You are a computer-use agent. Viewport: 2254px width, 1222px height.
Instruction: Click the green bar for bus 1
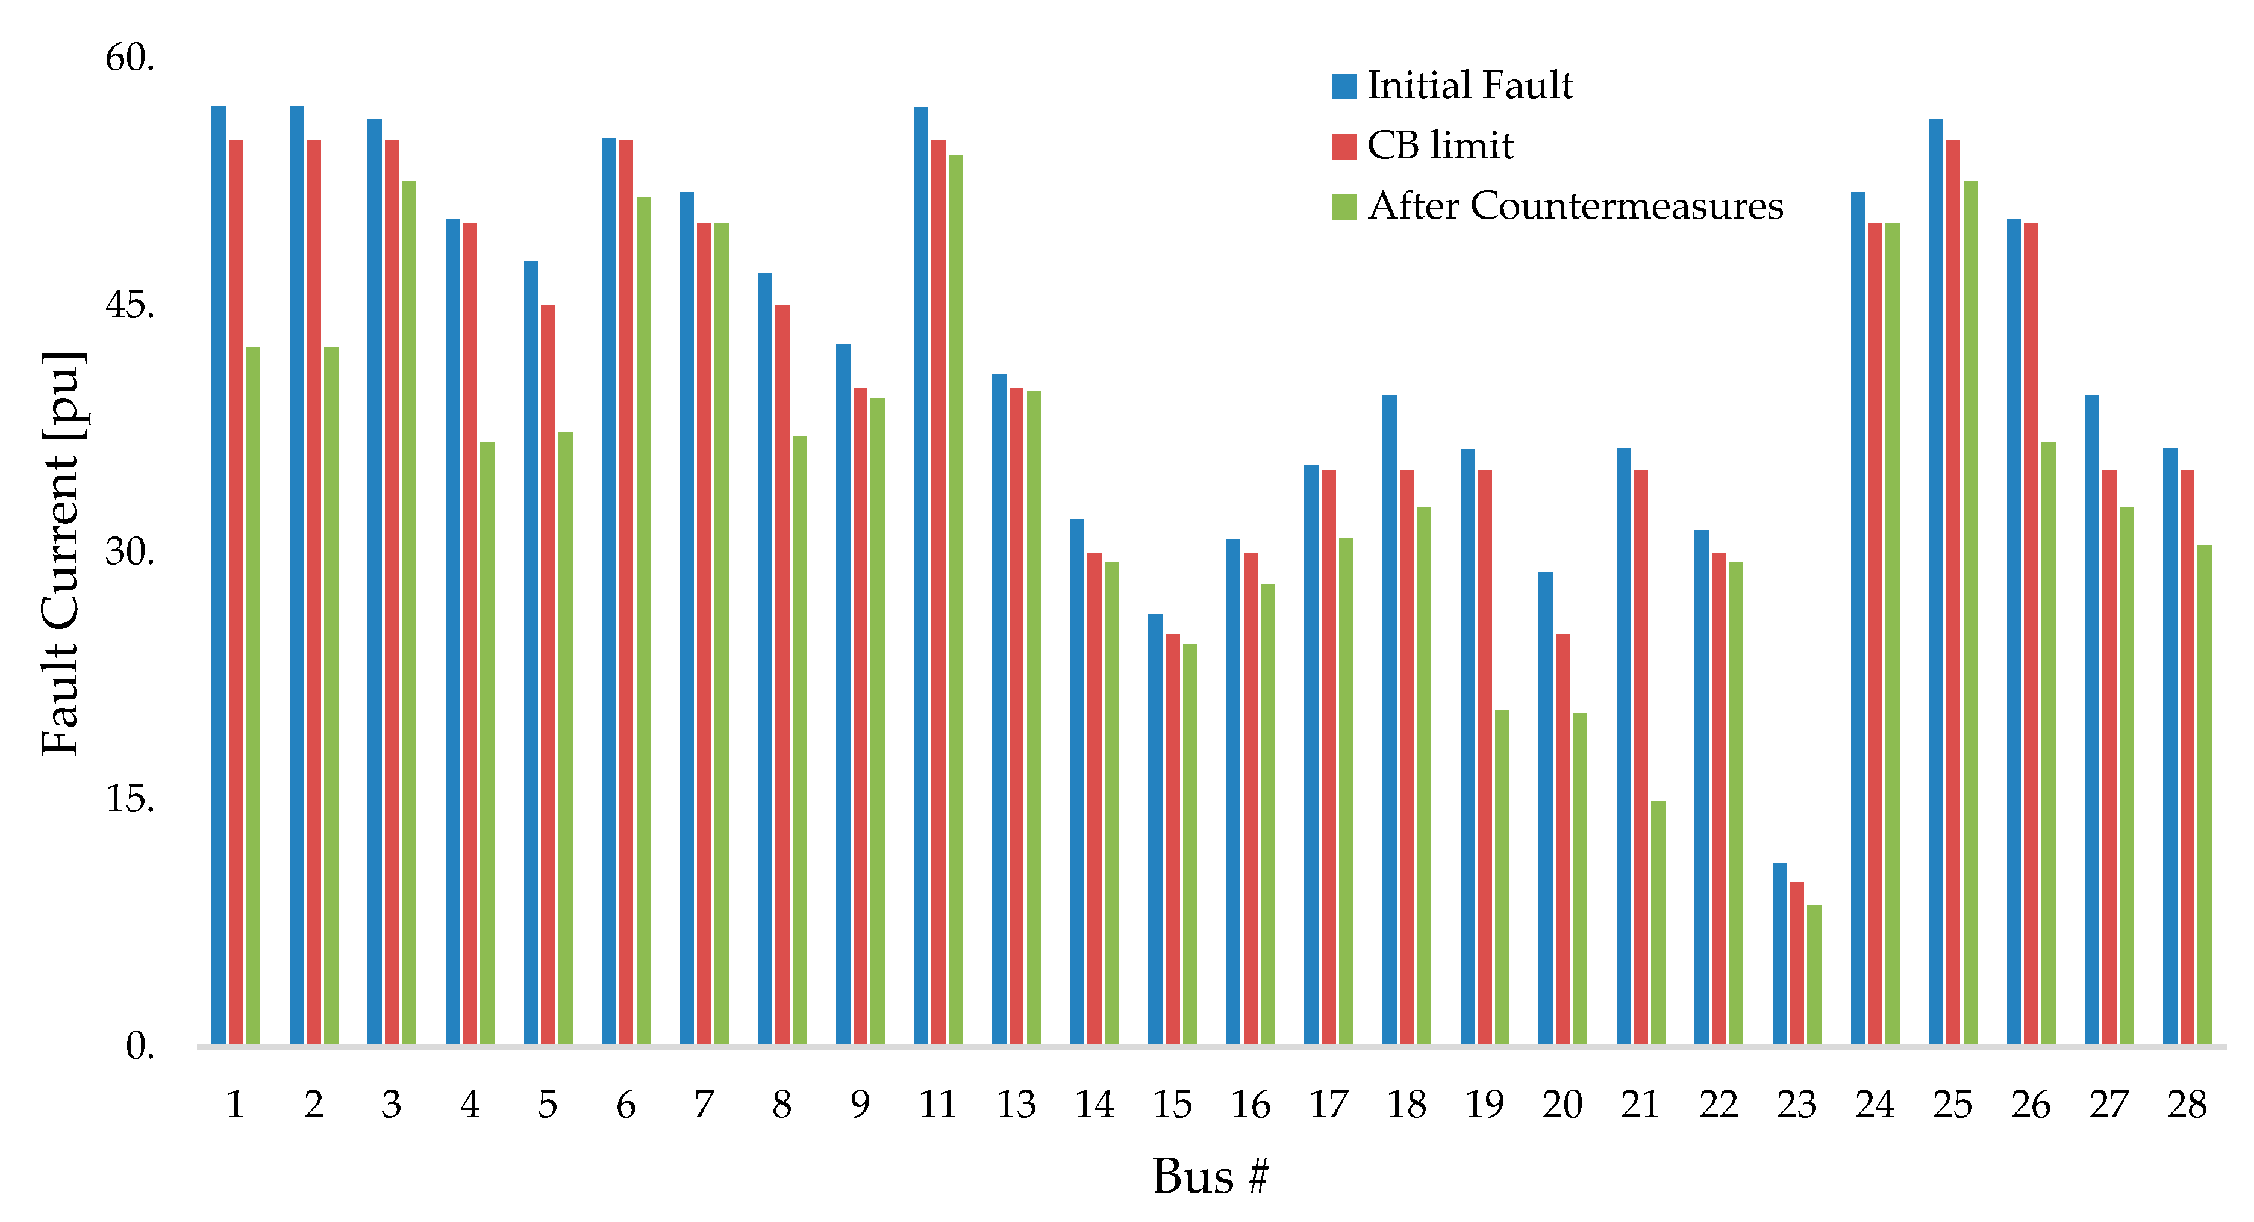253,695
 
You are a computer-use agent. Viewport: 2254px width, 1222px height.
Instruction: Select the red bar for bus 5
548,674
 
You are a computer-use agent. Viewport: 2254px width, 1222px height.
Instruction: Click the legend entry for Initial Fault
1469,85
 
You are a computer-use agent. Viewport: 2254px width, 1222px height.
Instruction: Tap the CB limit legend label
1440,145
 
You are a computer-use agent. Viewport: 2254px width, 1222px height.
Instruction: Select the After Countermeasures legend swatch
1344,207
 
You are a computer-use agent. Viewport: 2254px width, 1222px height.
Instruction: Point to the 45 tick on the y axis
130,305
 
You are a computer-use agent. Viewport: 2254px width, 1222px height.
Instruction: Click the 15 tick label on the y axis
130,799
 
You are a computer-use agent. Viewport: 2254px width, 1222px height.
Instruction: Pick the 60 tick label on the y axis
130,58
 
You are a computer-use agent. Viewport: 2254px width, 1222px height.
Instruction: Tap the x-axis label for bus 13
1016,1105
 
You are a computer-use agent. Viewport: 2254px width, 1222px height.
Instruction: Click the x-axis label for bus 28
2187,1105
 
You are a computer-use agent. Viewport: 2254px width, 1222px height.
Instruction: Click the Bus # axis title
1210,1176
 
